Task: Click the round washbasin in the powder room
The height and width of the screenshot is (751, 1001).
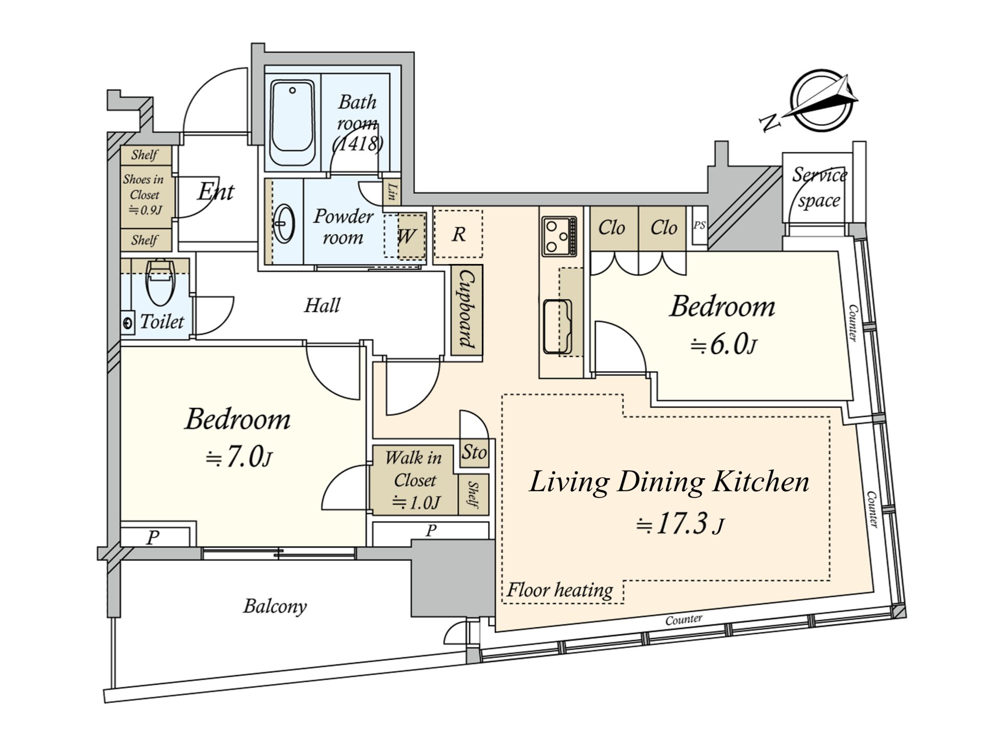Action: click(285, 223)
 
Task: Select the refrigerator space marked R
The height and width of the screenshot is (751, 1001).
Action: click(458, 234)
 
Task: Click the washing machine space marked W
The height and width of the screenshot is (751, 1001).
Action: click(406, 236)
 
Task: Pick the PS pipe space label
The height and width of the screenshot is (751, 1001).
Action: click(699, 225)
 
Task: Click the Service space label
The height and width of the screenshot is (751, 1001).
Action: click(819, 187)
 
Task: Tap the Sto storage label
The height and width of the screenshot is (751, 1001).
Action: click(474, 452)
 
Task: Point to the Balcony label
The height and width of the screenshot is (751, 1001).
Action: click(275, 606)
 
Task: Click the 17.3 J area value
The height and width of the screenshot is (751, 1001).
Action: click(680, 524)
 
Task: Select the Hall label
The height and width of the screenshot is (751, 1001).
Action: click(322, 305)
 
